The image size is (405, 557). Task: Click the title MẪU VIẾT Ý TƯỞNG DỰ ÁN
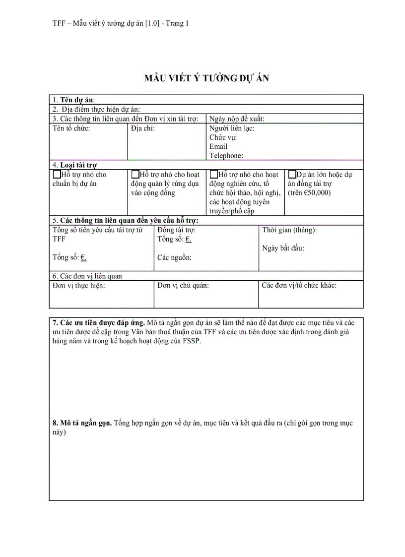[x=206, y=78]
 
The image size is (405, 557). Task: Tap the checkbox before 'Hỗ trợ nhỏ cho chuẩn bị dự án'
[x=57, y=175]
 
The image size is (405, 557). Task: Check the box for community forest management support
[x=135, y=175]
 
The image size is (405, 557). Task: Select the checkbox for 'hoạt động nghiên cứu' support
[x=214, y=175]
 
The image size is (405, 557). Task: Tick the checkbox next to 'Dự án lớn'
[x=292, y=175]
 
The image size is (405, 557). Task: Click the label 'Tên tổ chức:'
[x=71, y=128]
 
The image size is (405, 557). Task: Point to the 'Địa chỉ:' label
[x=143, y=128]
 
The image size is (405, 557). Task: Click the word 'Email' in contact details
[x=218, y=146]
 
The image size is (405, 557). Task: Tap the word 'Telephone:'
[x=226, y=156]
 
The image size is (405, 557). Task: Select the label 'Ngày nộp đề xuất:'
[x=237, y=119]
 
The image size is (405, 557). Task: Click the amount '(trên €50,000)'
[x=309, y=193]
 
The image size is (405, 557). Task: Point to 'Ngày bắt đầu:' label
[x=283, y=248]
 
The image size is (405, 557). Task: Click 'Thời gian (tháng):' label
[x=289, y=230]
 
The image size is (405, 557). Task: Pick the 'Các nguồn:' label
[x=174, y=257]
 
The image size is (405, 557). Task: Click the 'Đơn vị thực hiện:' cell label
[x=78, y=285]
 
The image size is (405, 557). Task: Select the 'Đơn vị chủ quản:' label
[x=183, y=285]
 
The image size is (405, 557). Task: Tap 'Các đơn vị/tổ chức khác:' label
[x=299, y=285]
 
